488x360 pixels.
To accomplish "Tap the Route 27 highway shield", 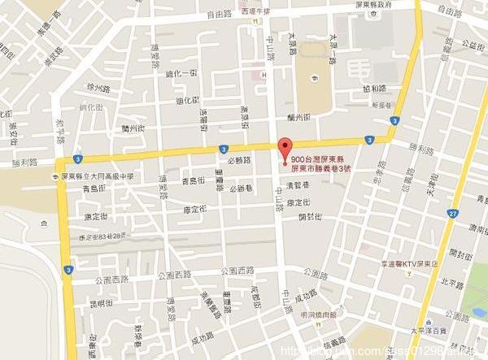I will [x=451, y=213].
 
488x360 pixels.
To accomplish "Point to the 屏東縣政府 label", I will [x=369, y=5].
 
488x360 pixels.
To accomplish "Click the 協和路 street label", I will [x=374, y=89].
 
